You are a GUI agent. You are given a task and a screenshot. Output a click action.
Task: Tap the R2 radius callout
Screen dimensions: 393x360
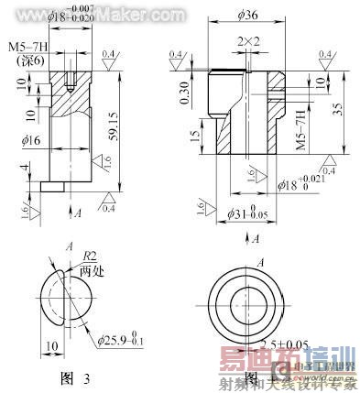point(90,258)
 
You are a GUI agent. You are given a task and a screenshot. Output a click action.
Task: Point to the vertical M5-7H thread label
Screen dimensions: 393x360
point(300,136)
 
